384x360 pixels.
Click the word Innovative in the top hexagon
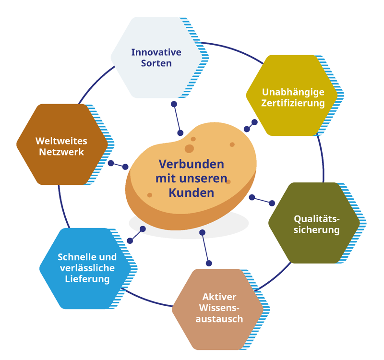coord(156,52)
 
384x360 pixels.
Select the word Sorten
coord(156,63)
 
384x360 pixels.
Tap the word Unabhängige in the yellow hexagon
coord(293,92)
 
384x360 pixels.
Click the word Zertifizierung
coord(293,103)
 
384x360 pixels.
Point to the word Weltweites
coord(61,141)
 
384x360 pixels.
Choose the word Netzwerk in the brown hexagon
coord(61,152)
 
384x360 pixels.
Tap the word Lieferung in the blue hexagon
coord(87,279)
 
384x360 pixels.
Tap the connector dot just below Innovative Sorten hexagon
coord(174,104)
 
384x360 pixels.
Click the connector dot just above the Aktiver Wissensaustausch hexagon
coord(209,263)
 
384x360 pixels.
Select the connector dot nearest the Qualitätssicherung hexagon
coord(273,203)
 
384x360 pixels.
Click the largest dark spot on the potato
coord(190,148)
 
